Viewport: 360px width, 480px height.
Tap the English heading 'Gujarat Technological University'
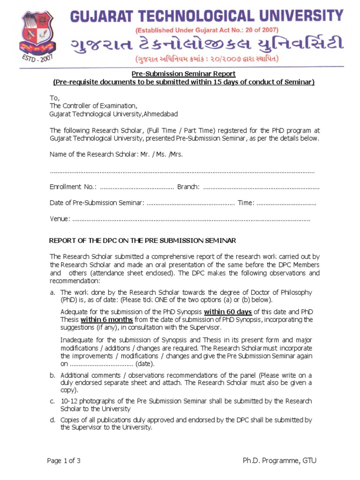[206, 16]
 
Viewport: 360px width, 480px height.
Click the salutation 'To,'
[54, 97]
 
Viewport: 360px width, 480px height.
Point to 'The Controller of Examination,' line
[93, 105]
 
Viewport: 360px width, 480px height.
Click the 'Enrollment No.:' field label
[73, 187]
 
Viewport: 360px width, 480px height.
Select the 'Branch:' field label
[188, 187]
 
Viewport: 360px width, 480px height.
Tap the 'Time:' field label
[246, 203]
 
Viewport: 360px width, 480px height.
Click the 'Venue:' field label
[60, 219]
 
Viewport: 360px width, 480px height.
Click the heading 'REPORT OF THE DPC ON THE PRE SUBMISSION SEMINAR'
[142, 240]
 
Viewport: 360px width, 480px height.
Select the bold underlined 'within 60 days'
[228, 312]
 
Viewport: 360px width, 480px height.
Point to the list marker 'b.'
[52, 375]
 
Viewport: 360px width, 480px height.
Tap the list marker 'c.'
[52, 402]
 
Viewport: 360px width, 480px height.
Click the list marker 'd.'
[52, 420]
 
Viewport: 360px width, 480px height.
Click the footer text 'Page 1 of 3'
[64, 461]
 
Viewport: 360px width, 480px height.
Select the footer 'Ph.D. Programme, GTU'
[279, 461]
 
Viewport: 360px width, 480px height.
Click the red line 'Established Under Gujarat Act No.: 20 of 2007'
[206, 30]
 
